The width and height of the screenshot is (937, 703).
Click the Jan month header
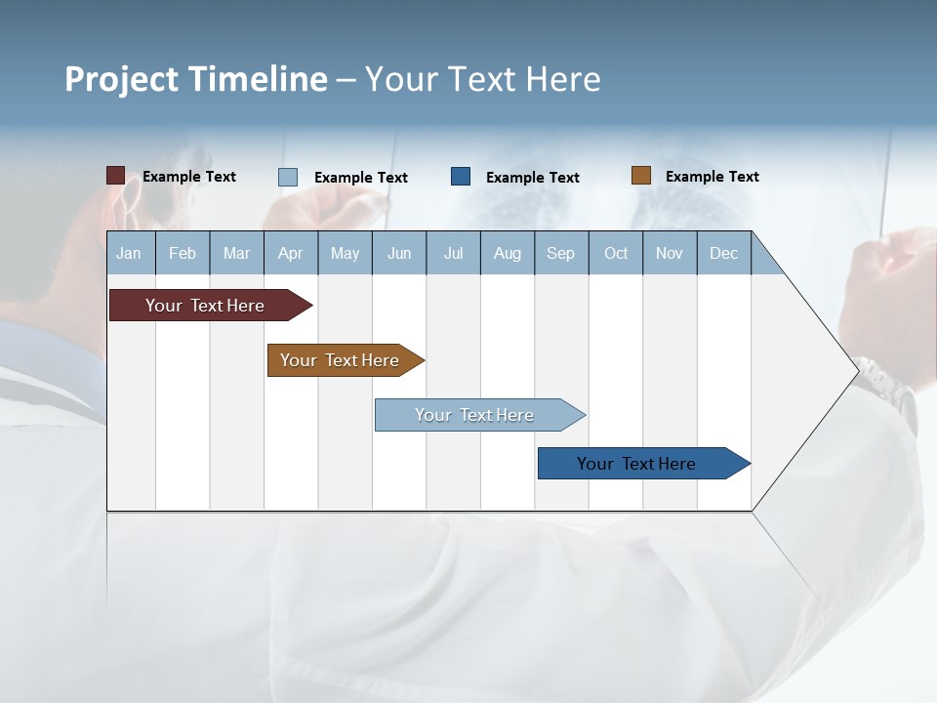[129, 254]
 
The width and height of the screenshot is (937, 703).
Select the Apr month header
[290, 254]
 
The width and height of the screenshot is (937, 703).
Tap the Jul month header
[453, 254]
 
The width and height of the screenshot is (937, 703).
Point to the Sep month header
[560, 254]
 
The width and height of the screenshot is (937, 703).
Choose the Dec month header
[723, 254]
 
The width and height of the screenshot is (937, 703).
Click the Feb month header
[183, 254]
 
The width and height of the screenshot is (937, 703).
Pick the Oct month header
[616, 254]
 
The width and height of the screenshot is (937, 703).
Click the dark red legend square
[115, 176]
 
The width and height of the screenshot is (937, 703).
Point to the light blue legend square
[288, 177]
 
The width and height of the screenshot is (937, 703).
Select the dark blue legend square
[461, 177]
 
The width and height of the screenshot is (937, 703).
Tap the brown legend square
[640, 176]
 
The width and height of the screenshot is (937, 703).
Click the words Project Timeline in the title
[195, 79]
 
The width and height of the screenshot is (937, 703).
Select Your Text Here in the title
[482, 79]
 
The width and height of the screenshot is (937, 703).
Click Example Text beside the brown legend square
[712, 177]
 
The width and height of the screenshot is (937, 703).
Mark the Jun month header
[399, 254]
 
